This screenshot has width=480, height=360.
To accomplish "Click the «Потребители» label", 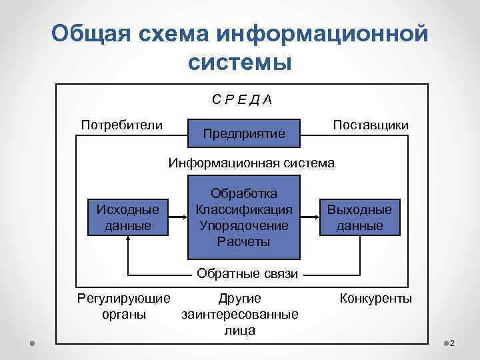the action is [x=121, y=125].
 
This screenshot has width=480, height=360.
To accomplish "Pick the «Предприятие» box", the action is [x=244, y=134].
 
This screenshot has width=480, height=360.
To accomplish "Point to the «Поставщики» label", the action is [x=371, y=125].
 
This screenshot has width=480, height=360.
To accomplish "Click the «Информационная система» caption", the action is [x=253, y=163].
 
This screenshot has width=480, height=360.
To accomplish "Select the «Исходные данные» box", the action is [x=129, y=217].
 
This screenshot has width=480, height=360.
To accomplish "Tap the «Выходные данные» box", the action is [x=359, y=217].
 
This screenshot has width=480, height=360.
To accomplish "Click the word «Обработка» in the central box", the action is [x=244, y=193].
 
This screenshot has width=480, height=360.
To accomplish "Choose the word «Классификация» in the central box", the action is [x=244, y=209].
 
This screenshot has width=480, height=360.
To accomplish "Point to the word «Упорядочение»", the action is [x=244, y=225].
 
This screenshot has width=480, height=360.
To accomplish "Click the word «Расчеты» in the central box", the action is [x=244, y=241].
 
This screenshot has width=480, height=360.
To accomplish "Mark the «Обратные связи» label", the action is [x=247, y=272].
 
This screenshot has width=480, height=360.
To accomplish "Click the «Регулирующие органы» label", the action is [x=124, y=306].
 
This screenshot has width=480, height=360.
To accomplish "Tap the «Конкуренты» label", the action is [x=376, y=298].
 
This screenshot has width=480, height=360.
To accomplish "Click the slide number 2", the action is [x=452, y=343].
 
